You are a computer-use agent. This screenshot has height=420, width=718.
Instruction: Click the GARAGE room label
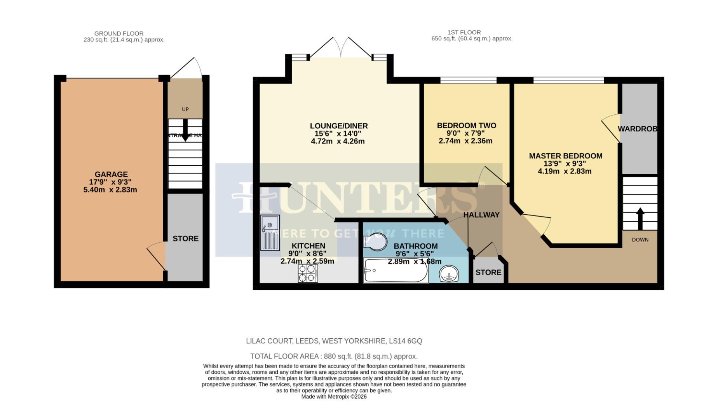[111, 174]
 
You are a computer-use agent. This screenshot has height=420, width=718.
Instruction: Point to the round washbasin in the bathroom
[450, 274]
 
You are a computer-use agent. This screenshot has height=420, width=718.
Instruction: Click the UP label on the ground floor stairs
[185, 109]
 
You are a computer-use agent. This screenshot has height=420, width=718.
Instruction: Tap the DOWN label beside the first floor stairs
[640, 240]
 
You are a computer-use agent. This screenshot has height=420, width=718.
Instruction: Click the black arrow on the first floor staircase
[640, 219]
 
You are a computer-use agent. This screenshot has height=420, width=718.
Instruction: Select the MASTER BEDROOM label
[565, 156]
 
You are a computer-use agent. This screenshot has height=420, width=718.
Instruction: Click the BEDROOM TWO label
[466, 126]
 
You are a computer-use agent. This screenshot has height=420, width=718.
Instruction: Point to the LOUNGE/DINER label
[338, 126]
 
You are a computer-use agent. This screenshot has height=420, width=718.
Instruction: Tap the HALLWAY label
[481, 215]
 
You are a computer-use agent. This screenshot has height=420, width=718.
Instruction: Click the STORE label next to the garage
[185, 238]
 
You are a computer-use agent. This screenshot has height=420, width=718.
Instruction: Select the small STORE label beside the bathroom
[488, 272]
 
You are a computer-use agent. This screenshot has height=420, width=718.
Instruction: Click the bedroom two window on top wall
[468, 80]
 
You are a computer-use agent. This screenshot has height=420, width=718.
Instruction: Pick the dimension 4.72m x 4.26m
[338, 142]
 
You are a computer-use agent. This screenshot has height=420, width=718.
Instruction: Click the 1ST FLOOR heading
[464, 32]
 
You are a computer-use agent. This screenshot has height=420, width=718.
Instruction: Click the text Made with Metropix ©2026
[334, 397]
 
